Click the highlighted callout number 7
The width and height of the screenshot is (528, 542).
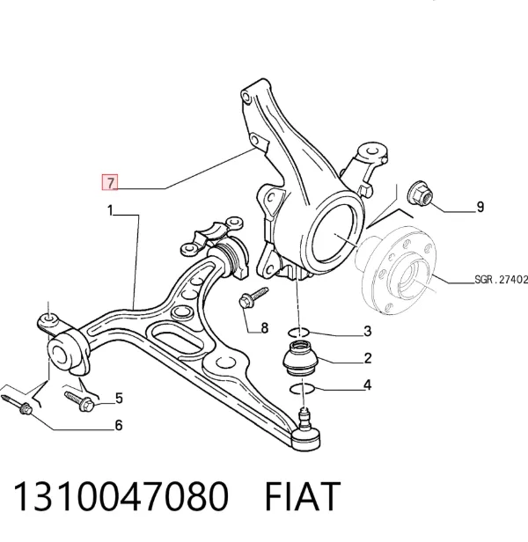point(110,182)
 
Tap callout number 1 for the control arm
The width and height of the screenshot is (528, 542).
point(110,210)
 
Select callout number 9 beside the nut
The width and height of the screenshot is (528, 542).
point(480,207)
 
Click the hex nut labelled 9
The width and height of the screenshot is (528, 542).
point(420,193)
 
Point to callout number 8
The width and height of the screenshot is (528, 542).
point(265,327)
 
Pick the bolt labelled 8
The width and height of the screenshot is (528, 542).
point(253,299)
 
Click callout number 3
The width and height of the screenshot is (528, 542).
point(368,331)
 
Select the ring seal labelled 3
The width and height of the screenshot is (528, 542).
point(298,333)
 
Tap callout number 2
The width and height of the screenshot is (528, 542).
point(368,358)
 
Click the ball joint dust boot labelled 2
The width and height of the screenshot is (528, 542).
point(300,358)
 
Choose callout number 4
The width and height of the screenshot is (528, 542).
point(368,385)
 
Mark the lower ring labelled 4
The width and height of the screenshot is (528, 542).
point(302,389)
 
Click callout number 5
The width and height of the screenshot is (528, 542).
point(119,399)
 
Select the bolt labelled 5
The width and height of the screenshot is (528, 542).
point(80,400)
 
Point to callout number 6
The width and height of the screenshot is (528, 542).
point(119,425)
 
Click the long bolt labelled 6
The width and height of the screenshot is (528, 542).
point(18,405)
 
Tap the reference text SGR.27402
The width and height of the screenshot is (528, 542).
point(502,279)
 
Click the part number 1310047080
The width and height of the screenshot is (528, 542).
point(121,497)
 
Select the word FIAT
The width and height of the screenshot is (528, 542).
point(303,497)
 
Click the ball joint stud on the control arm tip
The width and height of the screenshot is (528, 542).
point(304,418)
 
